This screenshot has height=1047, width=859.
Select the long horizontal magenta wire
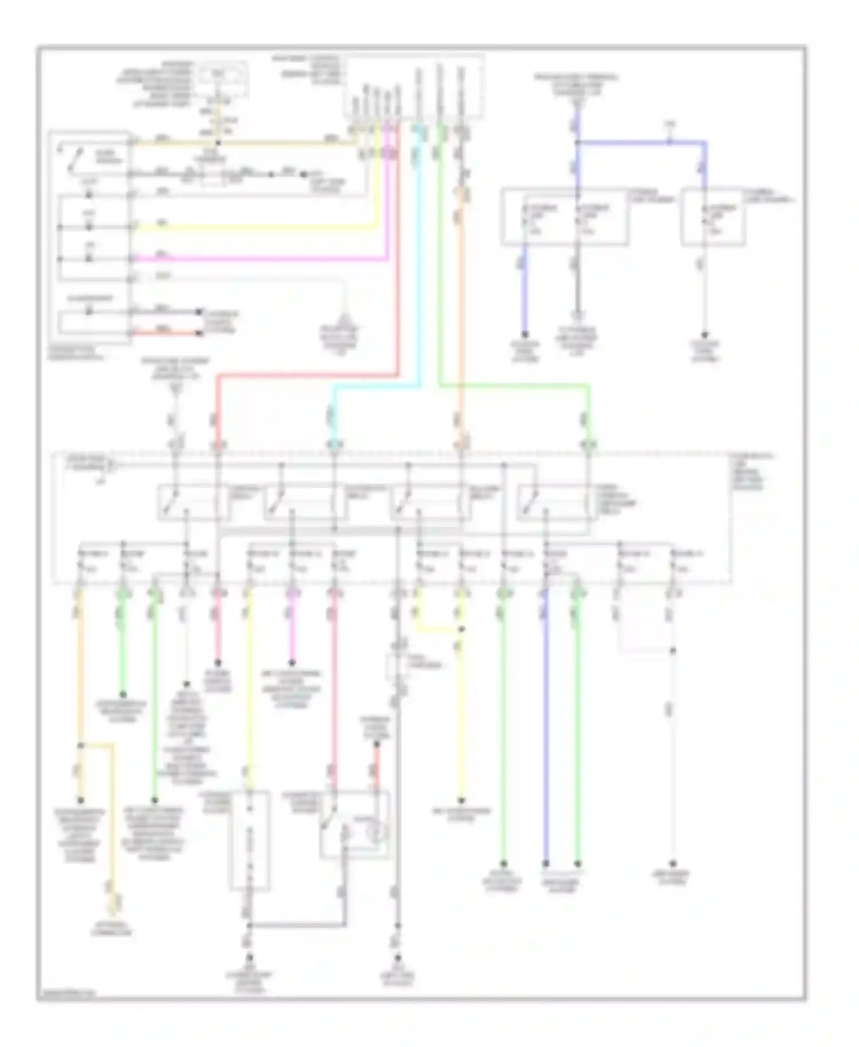[258, 259]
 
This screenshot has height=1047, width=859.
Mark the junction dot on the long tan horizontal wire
[218, 143]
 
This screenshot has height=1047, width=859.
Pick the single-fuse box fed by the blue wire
[712, 217]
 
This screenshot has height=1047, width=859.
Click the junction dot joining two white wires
[673, 651]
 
